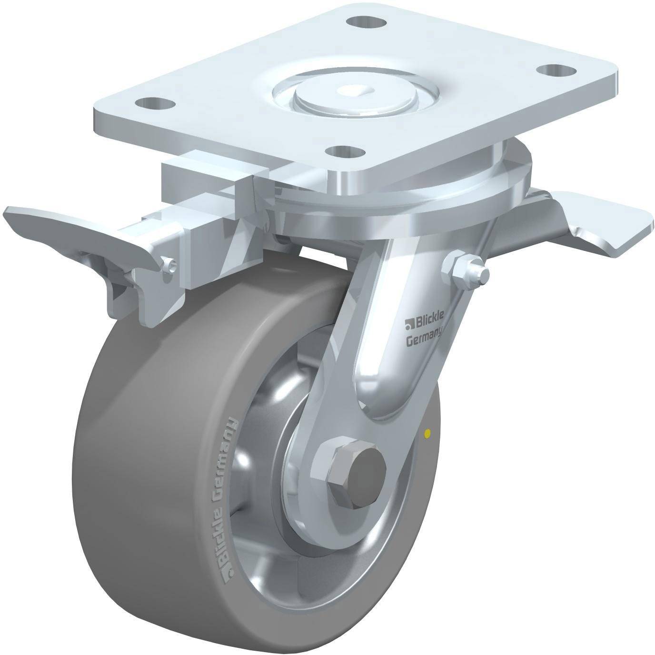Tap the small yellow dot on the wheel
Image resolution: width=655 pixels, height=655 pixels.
428,433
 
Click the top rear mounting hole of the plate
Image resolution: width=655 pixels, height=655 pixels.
367,22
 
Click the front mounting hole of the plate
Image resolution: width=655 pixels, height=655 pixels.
345,151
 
